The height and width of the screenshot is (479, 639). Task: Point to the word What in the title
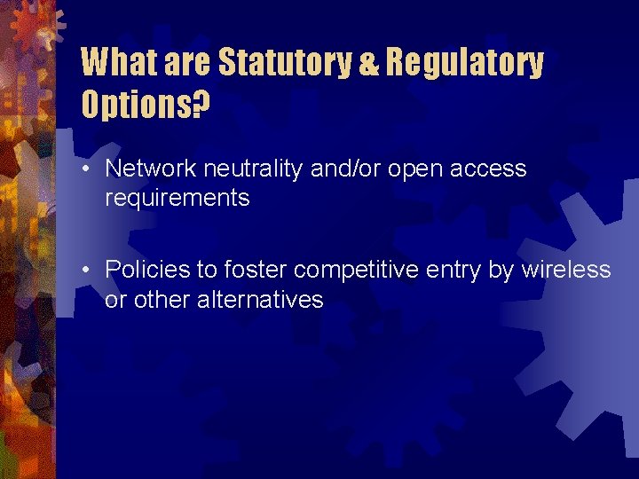(x=113, y=63)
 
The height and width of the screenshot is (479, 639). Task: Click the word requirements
(x=177, y=199)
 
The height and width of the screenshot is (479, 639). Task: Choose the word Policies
(x=142, y=269)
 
